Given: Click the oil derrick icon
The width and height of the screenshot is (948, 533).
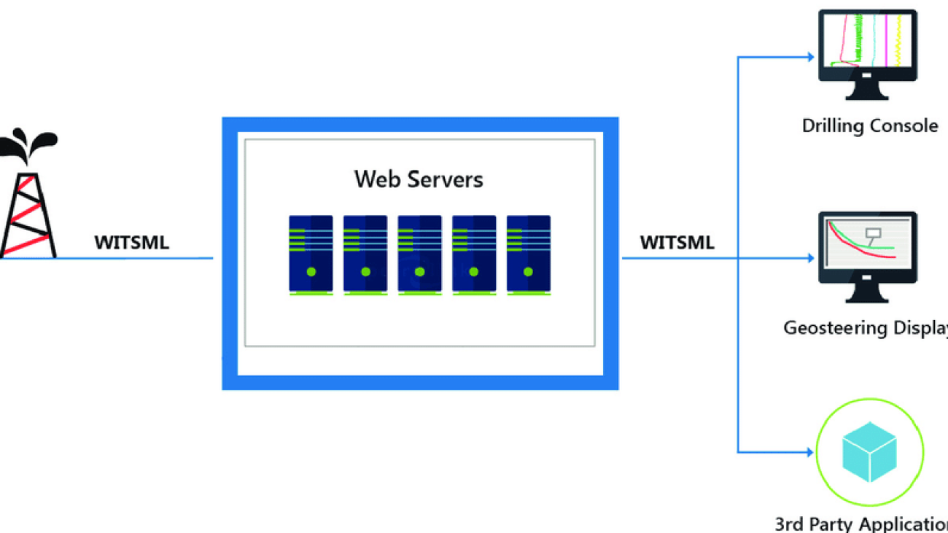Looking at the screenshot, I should click(29, 211).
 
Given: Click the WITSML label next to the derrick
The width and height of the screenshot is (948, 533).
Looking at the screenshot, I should click(131, 243).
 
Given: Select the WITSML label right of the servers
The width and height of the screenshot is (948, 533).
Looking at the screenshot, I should click(677, 243).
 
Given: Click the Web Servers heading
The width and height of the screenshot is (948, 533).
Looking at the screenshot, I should click(419, 179).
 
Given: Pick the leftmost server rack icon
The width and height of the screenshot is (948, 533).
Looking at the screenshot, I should click(311, 253).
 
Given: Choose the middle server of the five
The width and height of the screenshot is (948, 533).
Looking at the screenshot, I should click(419, 253).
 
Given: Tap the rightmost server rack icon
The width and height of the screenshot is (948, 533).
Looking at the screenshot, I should click(529, 253).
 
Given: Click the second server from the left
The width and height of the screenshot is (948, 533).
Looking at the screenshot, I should click(365, 253).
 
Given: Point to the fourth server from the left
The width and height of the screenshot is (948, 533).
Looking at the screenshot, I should click(474, 253).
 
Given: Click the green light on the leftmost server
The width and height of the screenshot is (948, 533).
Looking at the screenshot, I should click(311, 272).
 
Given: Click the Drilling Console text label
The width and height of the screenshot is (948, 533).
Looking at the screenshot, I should click(869, 126).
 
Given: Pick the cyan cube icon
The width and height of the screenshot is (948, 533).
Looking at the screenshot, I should click(869, 454).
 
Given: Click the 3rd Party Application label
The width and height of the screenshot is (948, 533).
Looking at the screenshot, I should click(861, 523).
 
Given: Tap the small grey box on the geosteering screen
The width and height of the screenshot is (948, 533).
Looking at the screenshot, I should click(872, 233).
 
